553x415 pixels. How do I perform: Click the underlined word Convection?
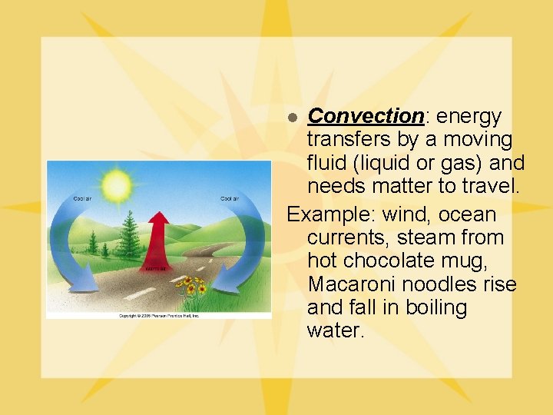[x=366, y=116]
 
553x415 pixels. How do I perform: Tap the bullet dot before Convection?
[x=292, y=118]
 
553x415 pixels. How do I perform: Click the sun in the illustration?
[x=117, y=185]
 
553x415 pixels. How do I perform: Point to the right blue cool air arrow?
[x=235, y=246]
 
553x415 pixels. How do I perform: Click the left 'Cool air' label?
[x=84, y=199]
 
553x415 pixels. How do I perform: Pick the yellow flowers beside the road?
[x=190, y=287]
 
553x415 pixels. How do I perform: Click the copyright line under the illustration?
[x=159, y=315]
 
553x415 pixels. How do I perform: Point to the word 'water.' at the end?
[x=334, y=331]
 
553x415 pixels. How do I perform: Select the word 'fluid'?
[x=328, y=163]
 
